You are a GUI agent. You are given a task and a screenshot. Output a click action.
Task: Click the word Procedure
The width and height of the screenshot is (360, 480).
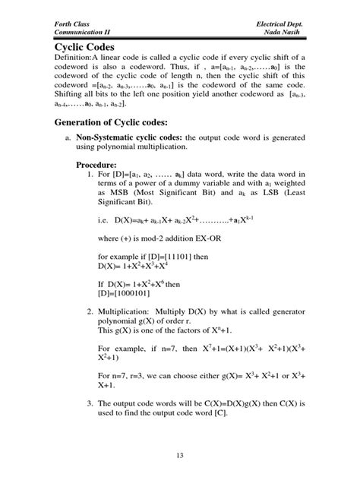[96, 165]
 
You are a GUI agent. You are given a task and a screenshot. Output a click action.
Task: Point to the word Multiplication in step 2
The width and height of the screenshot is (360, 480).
[131, 312]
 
